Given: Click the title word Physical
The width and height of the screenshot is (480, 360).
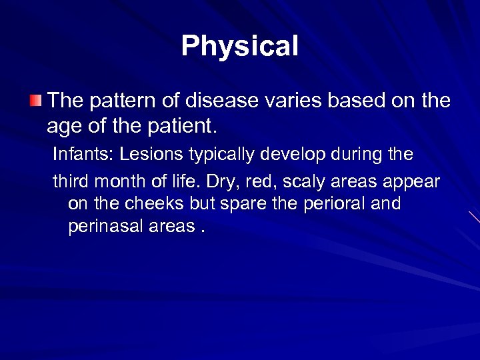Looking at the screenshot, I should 240,47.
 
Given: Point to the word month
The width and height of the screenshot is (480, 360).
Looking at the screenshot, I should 113,181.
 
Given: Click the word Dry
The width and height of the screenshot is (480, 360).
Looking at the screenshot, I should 221,181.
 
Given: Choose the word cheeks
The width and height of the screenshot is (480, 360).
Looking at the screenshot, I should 129,204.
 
